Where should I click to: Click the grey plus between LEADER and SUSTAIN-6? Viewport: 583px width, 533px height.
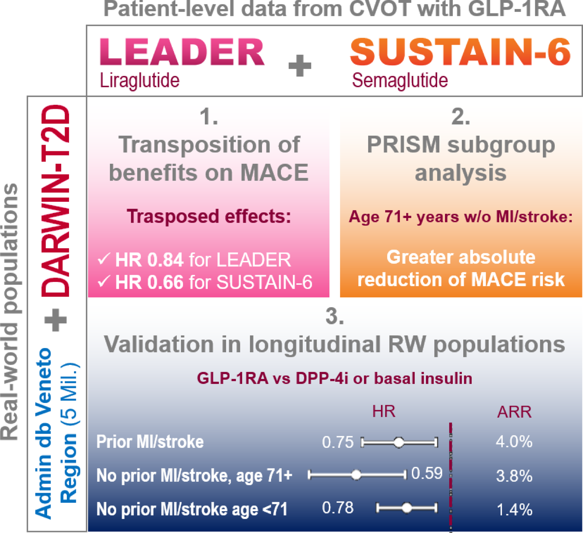point(300,66)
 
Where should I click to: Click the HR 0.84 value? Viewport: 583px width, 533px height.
point(149,260)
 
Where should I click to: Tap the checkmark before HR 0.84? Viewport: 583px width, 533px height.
point(103,259)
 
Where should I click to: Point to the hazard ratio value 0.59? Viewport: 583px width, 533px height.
point(427,473)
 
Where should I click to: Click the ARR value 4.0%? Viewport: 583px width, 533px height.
point(514,442)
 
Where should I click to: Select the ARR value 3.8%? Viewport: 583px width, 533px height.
point(514,476)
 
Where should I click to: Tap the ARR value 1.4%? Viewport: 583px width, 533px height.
point(514,510)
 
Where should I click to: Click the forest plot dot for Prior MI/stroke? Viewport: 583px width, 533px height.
point(399,442)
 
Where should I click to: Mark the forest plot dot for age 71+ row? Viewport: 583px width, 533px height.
point(356,475)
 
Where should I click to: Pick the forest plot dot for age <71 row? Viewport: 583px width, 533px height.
point(407,508)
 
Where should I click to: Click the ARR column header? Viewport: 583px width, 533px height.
point(514,412)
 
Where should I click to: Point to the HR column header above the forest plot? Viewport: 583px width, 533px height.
point(384,411)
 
